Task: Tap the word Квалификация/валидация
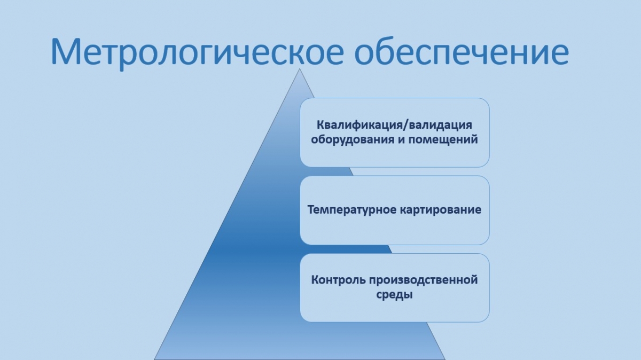(x=394, y=126)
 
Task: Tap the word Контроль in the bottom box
(x=338, y=280)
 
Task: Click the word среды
(x=394, y=295)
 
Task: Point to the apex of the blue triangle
(x=300, y=69)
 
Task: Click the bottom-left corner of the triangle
(x=154, y=359)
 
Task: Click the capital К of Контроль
(x=315, y=280)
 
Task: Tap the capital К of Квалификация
(x=321, y=125)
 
